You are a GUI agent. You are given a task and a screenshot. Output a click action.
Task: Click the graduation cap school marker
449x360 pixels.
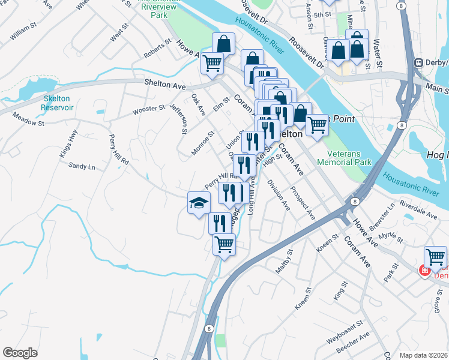199,203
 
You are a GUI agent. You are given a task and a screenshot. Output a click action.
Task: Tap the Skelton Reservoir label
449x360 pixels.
57,103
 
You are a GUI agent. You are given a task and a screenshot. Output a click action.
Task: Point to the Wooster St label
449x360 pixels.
149,109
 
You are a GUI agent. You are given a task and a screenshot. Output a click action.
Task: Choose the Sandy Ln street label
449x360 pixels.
82,166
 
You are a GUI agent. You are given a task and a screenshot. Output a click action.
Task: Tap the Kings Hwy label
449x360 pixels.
68,148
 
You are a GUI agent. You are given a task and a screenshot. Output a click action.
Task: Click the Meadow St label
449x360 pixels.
29,121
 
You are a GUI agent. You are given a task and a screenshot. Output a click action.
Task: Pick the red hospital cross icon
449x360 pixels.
424,271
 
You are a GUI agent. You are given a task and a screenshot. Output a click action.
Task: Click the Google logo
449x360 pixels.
20,352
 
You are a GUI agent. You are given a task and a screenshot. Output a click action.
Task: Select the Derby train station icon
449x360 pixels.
418,62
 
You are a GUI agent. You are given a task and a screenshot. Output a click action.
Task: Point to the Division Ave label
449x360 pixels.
279,195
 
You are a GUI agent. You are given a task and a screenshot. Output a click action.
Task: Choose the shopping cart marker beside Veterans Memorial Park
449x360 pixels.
318,125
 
